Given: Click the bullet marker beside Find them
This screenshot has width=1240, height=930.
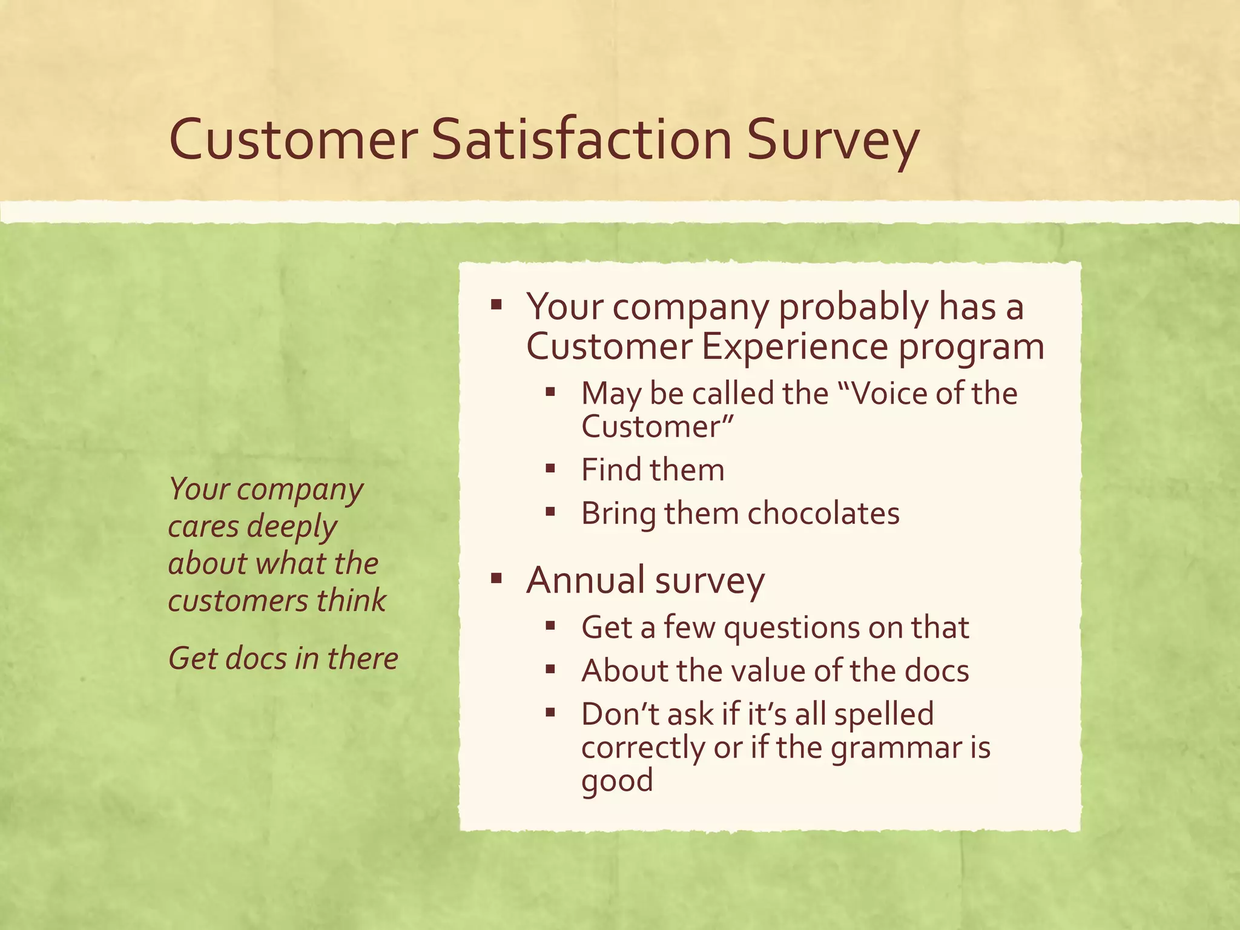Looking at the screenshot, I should tap(550, 468).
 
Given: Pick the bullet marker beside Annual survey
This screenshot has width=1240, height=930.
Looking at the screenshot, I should tap(496, 579).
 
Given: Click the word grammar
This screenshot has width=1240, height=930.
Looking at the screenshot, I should tap(895, 748).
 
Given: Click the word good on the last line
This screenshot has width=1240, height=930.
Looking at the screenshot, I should tap(617, 781).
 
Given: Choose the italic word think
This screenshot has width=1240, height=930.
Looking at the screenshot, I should tap(351, 601).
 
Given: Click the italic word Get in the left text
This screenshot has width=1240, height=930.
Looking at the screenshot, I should tap(192, 658).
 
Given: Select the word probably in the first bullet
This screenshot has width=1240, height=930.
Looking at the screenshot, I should tap(852, 307).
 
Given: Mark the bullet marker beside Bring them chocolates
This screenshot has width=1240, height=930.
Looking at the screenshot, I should tap(550, 512).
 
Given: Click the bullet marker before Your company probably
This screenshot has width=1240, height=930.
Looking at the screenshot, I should tap(496, 304).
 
